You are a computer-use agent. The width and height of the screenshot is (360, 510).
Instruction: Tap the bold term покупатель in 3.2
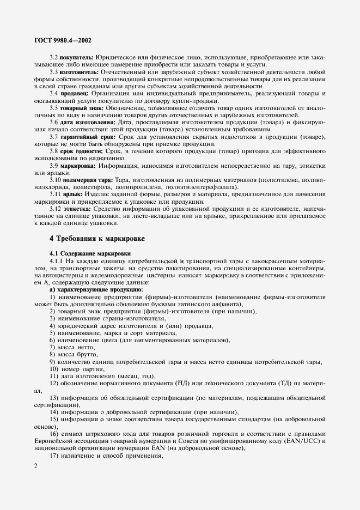coord(76,57)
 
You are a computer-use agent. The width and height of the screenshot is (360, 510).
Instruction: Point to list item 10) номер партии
coord(75,368)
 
